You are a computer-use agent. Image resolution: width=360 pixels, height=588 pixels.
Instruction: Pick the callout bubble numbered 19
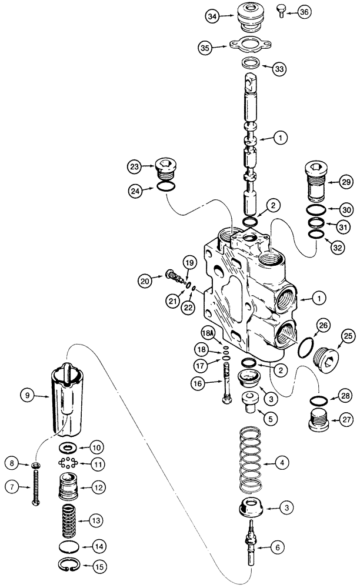(188, 261)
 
